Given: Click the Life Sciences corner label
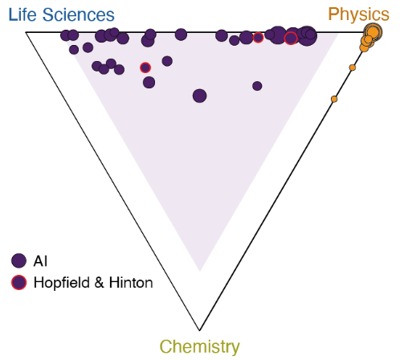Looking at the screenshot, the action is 61,14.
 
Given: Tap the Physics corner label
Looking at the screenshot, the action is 358,14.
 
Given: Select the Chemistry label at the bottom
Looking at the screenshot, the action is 200,347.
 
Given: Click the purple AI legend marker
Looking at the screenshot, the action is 18,260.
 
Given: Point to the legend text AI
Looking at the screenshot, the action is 40,261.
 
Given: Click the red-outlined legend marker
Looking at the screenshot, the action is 18,282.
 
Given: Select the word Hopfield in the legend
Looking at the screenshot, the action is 62,283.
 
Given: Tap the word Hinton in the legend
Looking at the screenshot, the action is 131,282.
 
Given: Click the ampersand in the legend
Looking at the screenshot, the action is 100,283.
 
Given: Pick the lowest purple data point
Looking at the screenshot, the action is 199,96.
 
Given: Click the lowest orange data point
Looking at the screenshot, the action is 334,99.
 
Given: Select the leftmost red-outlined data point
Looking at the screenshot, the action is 145,67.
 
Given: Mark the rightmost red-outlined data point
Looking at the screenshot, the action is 291,39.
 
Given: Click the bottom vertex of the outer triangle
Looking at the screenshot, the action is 199,330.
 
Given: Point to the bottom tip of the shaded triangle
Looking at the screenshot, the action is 200,271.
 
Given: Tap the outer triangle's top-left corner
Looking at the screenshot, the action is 26,32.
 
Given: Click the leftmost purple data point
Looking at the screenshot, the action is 65,35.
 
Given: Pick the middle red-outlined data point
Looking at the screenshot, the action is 258,38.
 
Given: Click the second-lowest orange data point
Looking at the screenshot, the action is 353,67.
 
